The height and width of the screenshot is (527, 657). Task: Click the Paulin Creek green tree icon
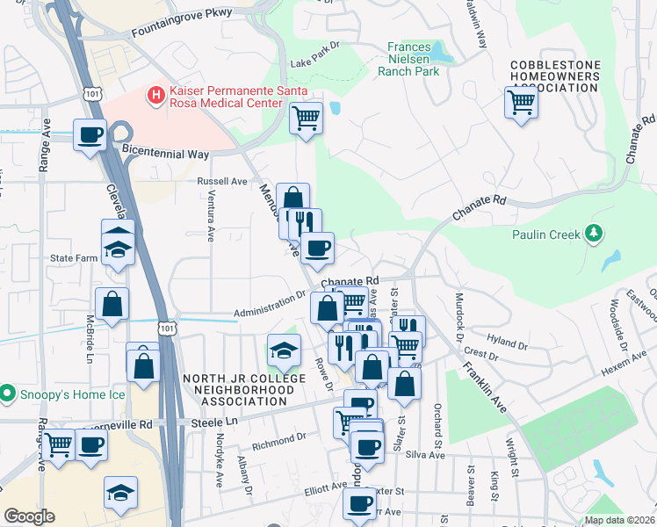pos(596,233)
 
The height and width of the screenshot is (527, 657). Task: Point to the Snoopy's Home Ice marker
pos(8,393)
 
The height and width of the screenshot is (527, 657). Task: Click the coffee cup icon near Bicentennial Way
pos(90,135)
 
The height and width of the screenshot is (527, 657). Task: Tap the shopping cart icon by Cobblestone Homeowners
pos(522,103)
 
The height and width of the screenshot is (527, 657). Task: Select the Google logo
pos(29,516)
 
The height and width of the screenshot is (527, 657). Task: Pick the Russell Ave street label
pos(223,181)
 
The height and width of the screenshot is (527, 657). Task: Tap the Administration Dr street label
pos(270,305)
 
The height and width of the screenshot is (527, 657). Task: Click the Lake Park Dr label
pos(314,64)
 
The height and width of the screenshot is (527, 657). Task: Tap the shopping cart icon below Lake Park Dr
pos(306,117)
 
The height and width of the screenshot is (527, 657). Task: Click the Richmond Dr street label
pos(278,437)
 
